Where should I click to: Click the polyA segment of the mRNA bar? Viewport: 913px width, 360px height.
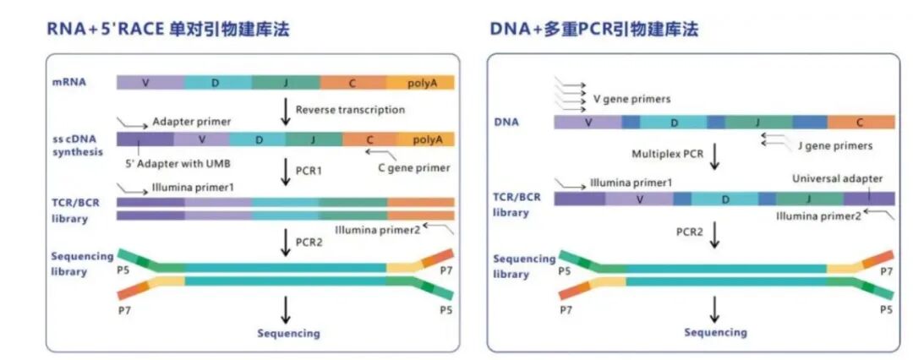pyautogui.click(x=420, y=82)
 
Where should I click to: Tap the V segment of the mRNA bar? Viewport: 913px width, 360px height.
pyautogui.click(x=150, y=82)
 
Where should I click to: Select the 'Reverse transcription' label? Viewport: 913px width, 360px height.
pyautogui.click(x=350, y=110)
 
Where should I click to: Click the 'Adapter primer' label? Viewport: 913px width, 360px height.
pyautogui.click(x=192, y=122)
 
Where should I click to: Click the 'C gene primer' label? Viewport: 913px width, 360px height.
pyautogui.click(x=413, y=167)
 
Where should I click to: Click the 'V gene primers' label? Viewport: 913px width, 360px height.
pyautogui.click(x=631, y=99)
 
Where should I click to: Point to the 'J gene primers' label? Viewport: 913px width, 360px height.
pyautogui.click(x=834, y=145)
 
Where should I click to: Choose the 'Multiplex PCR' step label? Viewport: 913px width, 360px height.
pyautogui.click(x=667, y=154)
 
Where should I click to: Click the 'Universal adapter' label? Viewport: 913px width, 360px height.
pyautogui.click(x=837, y=179)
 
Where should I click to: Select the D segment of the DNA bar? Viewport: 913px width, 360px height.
pyautogui.click(x=674, y=123)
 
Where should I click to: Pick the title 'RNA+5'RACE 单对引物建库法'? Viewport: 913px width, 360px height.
pyautogui.click(x=168, y=30)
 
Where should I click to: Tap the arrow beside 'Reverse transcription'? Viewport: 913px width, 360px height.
pyautogui.click(x=286, y=111)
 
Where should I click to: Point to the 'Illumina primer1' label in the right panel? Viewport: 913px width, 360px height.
pyautogui.click(x=631, y=182)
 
